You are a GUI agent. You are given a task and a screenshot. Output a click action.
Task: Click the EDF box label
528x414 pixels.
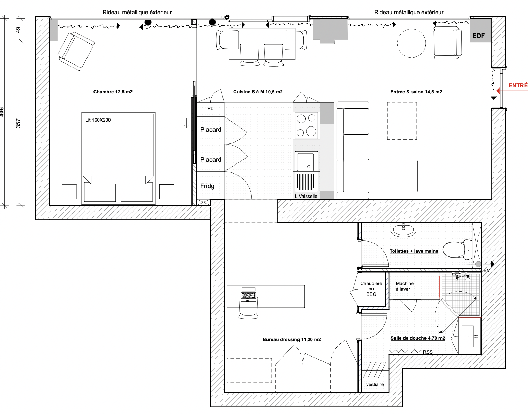coord(478,36)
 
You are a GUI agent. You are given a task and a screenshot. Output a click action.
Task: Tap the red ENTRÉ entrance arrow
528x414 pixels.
coord(512,91)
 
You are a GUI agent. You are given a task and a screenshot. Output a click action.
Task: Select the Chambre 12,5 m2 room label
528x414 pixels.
coord(113,92)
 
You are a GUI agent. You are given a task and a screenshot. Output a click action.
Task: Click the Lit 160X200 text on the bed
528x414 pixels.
coord(98,120)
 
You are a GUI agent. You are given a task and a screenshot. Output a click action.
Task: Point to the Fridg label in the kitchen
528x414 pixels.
coord(207,186)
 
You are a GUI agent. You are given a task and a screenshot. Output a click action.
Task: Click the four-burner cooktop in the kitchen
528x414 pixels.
coord(306,125)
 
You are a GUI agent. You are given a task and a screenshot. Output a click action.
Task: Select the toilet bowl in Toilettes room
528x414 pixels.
coord(457,249)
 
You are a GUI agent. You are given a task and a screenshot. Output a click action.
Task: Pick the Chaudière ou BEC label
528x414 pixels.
coord(371,289)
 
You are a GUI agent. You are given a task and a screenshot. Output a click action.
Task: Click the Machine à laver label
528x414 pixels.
coord(404,286)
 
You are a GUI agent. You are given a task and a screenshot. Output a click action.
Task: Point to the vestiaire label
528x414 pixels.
coord(375,385)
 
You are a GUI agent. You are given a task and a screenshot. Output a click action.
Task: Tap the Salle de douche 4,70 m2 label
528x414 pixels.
coord(418,338)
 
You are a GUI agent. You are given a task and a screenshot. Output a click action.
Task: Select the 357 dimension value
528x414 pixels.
coord(18,123)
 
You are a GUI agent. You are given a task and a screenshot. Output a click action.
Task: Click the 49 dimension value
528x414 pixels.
coord(18,30)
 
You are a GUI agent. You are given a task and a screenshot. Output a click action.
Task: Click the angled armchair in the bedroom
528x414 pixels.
coord(76,51)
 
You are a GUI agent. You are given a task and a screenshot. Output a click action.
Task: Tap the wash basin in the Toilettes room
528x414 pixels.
coord(403,230)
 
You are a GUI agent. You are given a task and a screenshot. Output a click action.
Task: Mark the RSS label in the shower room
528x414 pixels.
coord(428,352)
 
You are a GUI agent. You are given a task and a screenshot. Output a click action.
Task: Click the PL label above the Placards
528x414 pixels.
coord(210,108)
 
